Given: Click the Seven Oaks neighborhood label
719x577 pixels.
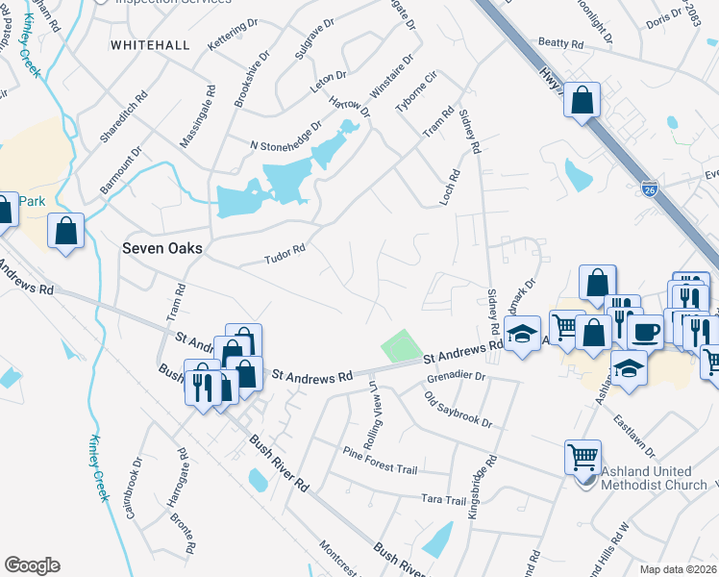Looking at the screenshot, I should (162, 248).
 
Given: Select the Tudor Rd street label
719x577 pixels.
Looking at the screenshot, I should (285, 255).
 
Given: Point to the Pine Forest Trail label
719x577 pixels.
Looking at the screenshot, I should (380, 460).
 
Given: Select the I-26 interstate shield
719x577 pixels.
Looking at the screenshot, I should (649, 192).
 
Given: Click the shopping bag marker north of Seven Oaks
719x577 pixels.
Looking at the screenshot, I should (65, 231).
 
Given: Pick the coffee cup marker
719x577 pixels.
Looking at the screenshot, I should (644, 332).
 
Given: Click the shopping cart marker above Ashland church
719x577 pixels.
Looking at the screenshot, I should (583, 457).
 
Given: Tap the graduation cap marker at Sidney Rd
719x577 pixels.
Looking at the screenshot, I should (522, 334).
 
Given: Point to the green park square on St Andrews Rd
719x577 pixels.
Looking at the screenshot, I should (403, 345).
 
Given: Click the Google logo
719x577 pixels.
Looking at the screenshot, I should (32, 565).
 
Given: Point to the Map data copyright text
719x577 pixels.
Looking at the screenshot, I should (678, 569).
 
